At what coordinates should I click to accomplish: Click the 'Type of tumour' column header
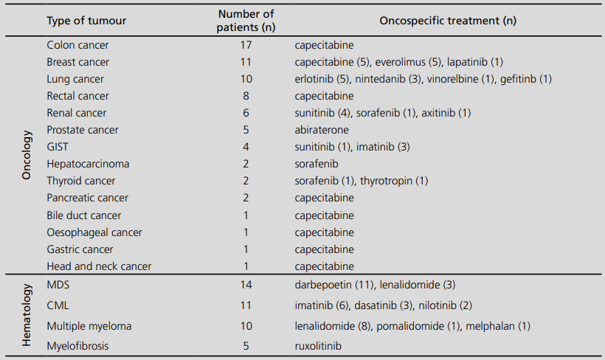(86, 21)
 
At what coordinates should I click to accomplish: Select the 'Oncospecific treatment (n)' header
(447, 21)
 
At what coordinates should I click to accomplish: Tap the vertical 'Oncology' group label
(27, 156)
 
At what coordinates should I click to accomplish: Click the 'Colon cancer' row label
(77, 45)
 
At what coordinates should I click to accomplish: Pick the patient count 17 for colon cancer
(246, 45)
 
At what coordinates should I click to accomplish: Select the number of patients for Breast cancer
(246, 62)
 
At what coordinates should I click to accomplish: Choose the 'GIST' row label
(58, 147)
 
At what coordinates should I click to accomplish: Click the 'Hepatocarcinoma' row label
(88, 164)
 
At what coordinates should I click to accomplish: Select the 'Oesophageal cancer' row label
(94, 232)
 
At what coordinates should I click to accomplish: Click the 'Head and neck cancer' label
(99, 266)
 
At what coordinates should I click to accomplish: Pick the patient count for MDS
(246, 284)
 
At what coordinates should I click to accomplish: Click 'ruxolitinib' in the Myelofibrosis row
(318, 345)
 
